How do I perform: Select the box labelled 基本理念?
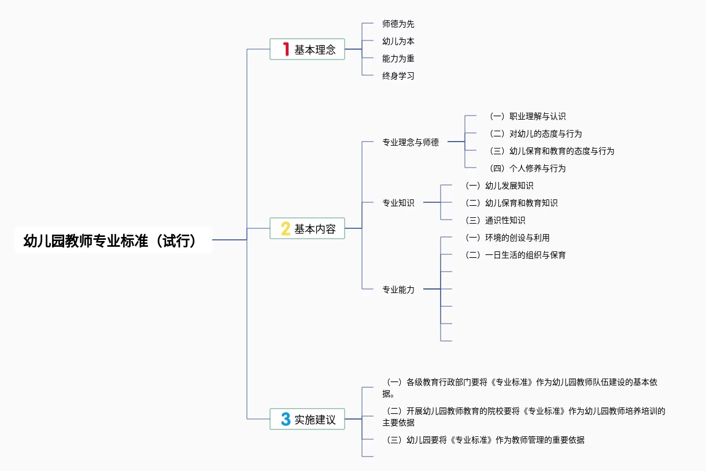pos(307,49)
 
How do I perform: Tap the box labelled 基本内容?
pos(307,228)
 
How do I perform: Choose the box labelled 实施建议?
pos(307,419)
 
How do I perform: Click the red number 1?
pos(286,49)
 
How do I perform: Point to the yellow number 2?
pos(286,228)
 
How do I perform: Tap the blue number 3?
pos(286,419)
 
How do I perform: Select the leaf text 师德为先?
pos(398,24)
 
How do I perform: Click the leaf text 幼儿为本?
pos(398,42)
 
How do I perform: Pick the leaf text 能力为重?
pos(398,58)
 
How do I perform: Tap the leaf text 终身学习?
pos(398,76)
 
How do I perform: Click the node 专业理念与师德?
pos(411,142)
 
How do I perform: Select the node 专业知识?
pos(398,203)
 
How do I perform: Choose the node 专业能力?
pos(398,290)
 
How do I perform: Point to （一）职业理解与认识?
pos(527,117)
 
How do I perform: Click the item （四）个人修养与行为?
pos(527,169)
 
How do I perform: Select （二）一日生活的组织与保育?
pos(516,255)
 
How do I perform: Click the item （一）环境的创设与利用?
pos(508,238)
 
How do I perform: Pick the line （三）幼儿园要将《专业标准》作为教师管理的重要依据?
pos(485,440)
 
